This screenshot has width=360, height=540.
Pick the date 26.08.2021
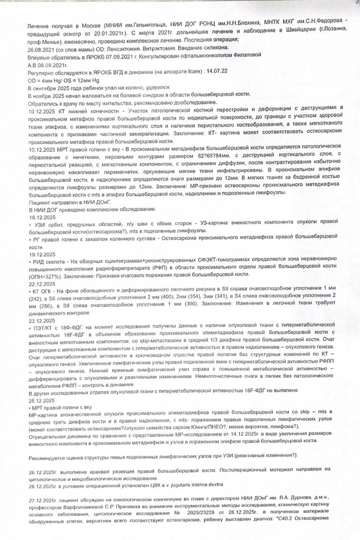click(41, 48)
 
